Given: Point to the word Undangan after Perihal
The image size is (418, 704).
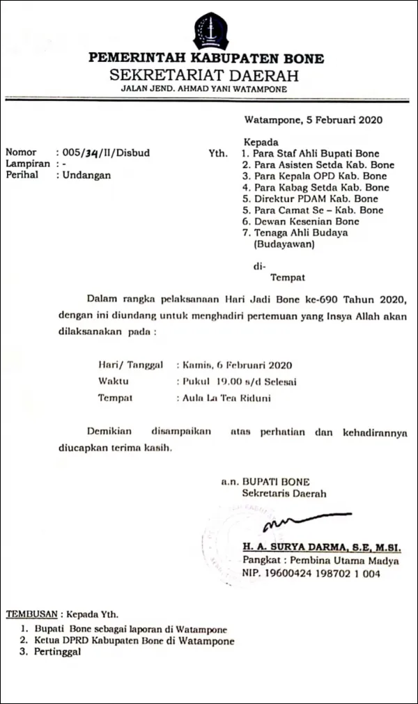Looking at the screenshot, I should pos(86,175).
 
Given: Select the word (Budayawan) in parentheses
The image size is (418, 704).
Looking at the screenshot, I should pos(284,244).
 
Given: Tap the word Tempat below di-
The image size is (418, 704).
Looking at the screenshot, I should pos(287,277).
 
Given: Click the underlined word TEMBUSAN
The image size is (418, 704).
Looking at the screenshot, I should pos(31,616).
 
